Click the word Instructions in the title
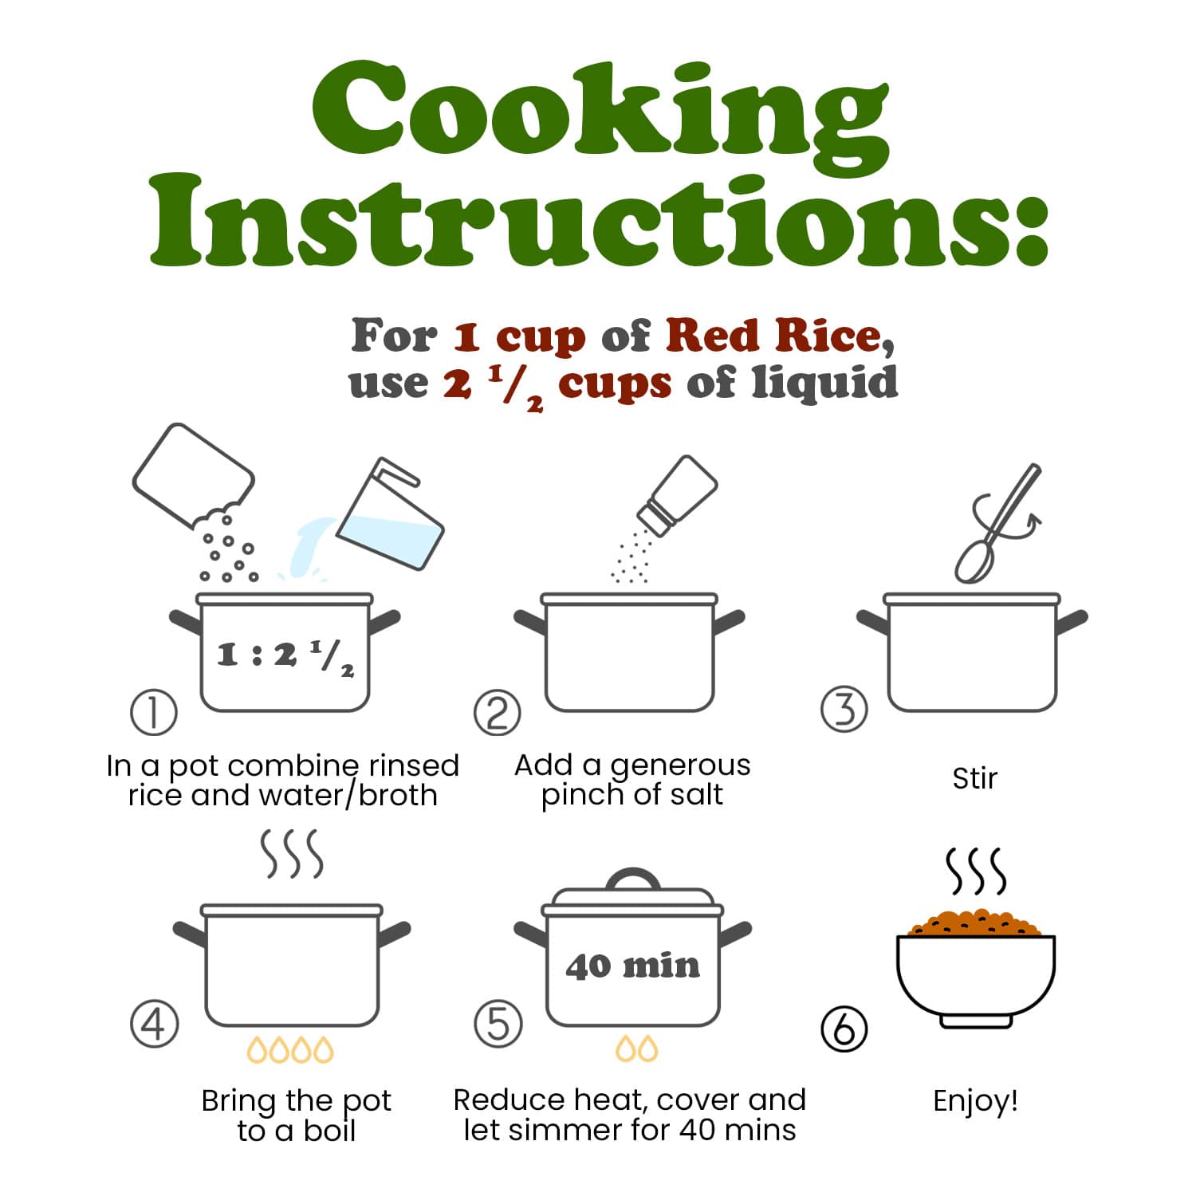tap(598, 219)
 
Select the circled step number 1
tap(154, 712)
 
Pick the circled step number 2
tap(498, 712)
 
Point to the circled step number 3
tap(844, 709)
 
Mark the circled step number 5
tap(498, 1024)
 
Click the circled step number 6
tap(844, 1029)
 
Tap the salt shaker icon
tap(677, 495)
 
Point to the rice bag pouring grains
tap(193, 476)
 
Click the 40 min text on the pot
tap(633, 966)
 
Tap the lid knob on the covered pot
tap(634, 879)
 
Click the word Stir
tap(974, 778)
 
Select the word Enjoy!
tap(975, 1101)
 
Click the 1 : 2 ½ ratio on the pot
tap(285, 656)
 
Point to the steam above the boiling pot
tap(293, 853)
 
